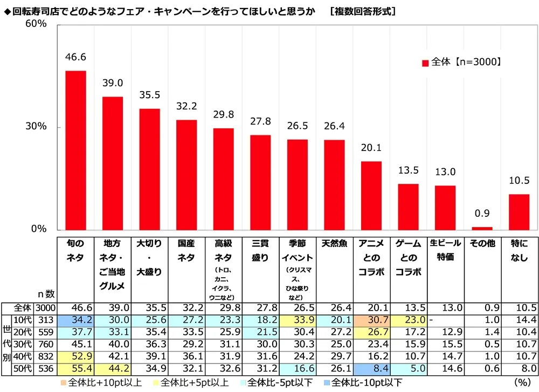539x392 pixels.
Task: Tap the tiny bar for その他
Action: coord(482,228)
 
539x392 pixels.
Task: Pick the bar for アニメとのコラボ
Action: coord(371,195)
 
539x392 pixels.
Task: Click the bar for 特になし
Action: coord(519,211)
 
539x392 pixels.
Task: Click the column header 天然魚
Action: coord(334,244)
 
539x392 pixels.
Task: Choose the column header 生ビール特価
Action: coord(445,250)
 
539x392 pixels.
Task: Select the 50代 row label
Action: coord(23,368)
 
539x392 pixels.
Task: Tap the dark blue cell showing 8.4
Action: coord(371,368)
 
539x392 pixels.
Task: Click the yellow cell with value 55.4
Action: coord(75,368)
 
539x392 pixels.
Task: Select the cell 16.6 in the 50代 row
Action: coord(297,368)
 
